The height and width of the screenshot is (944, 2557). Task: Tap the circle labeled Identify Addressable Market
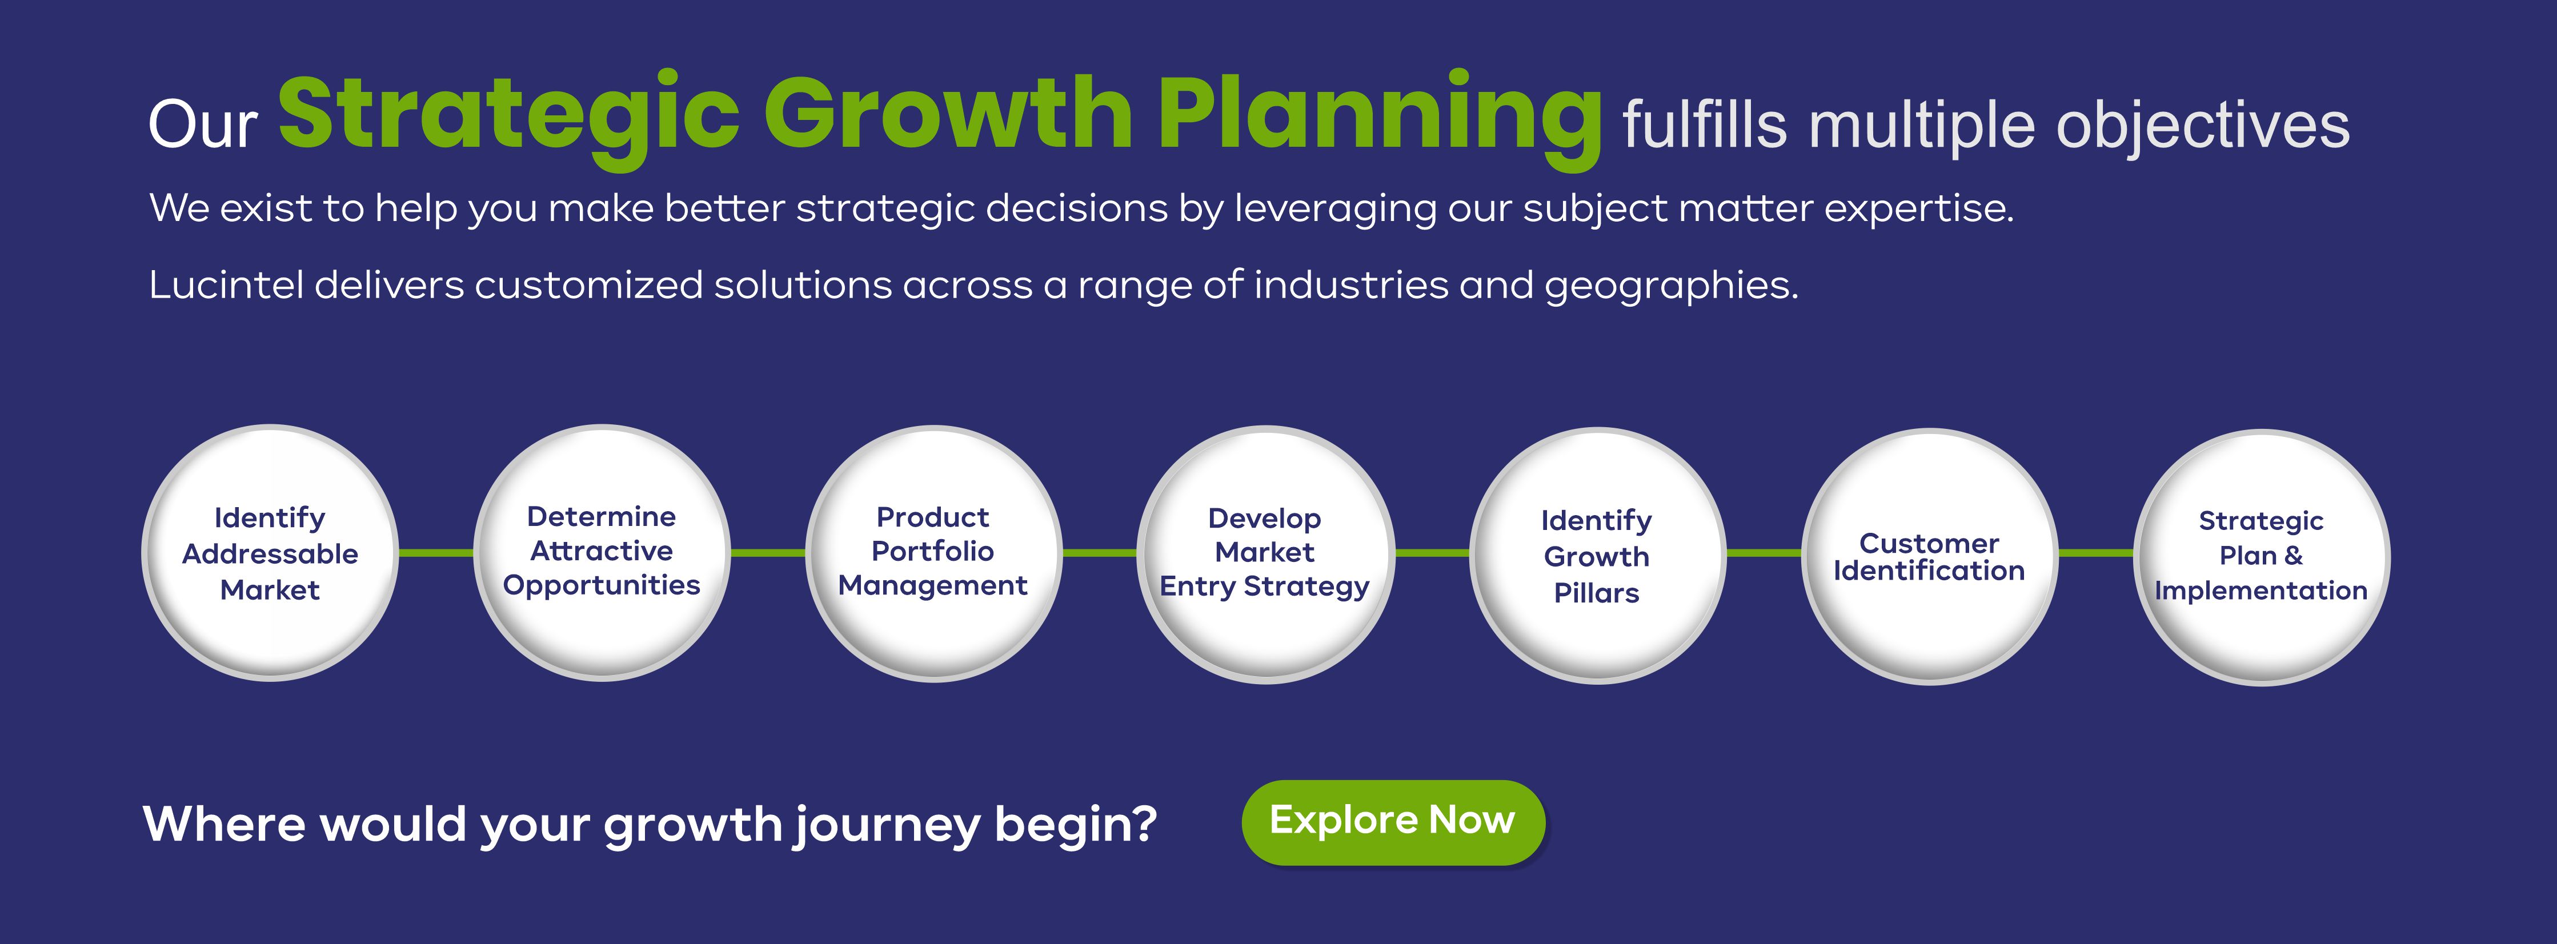tap(270, 553)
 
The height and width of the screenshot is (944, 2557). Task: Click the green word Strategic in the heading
tap(509, 116)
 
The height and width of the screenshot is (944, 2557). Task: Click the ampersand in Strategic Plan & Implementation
tap(2293, 556)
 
